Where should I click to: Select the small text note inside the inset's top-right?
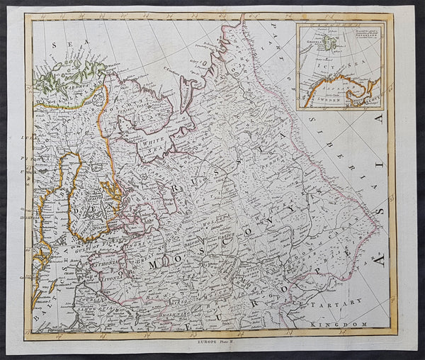point(360,35)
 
